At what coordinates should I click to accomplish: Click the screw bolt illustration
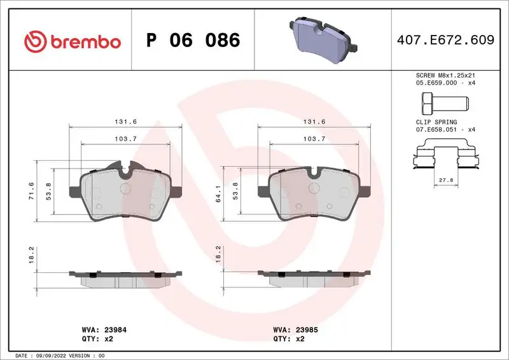coord(444,101)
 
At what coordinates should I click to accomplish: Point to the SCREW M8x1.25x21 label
coord(445,75)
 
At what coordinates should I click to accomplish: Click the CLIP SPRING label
coord(436,121)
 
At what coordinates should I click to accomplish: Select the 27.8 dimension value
coord(446,181)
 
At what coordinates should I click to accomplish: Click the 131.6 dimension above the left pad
coord(125,121)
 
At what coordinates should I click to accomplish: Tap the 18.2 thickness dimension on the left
coord(31,255)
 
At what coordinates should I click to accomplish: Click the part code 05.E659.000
coord(435,82)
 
